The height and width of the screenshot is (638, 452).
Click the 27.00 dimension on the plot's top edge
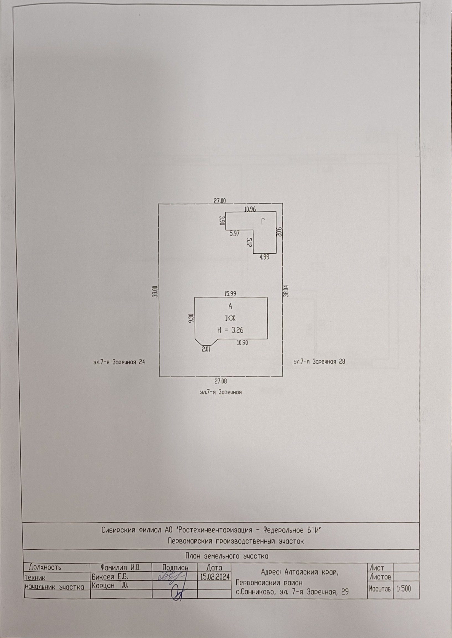(x=220, y=201)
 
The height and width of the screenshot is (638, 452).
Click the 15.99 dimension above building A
(x=230, y=294)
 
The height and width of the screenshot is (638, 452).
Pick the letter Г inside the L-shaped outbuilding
(x=263, y=222)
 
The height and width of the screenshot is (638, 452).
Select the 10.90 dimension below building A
(x=242, y=343)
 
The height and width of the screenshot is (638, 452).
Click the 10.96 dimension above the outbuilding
(x=250, y=209)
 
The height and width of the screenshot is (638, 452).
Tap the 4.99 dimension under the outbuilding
(x=264, y=257)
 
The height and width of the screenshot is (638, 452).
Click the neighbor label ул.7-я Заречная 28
(x=319, y=362)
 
